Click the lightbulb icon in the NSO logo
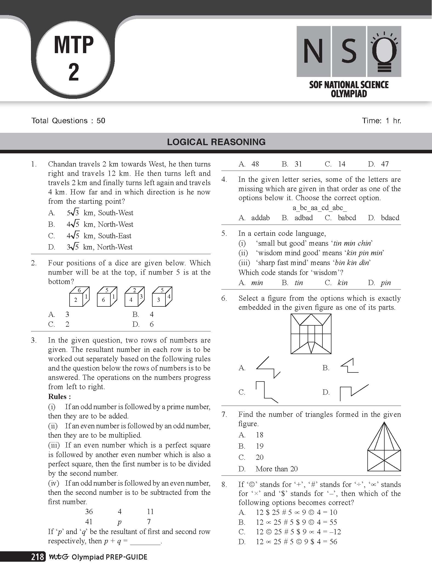(x=384, y=51)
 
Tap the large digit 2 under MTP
(x=74, y=72)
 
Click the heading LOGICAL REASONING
(x=216, y=142)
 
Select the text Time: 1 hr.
(x=381, y=121)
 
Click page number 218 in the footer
(x=38, y=557)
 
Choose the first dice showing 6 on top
(x=79, y=297)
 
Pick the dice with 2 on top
(x=134, y=297)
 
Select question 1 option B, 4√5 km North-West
(x=100, y=224)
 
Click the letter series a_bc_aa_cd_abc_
(x=319, y=208)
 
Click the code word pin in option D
(x=386, y=283)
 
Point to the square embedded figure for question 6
(x=311, y=334)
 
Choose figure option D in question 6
(x=354, y=392)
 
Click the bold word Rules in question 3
(x=59, y=397)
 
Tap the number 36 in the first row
(x=89, y=512)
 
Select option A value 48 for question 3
(x=255, y=164)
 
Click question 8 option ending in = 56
(x=296, y=541)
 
